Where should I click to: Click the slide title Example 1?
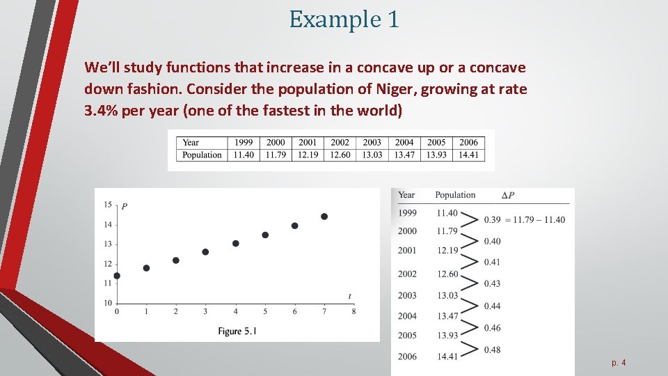(344, 19)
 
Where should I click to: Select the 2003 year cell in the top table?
(372, 143)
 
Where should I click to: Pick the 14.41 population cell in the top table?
(468, 155)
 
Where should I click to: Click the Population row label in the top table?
(202, 155)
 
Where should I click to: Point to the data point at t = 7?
(324, 217)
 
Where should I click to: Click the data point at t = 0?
(117, 276)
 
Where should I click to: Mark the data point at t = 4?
(236, 243)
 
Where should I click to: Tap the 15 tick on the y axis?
(108, 205)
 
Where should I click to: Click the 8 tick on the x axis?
(353, 311)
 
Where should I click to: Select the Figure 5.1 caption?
(237, 331)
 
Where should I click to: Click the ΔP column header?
(508, 196)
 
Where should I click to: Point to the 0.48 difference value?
(492, 350)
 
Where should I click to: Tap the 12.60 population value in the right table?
(447, 274)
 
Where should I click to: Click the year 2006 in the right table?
(407, 357)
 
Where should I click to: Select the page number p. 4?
(619, 363)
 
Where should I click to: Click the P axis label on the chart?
(124, 206)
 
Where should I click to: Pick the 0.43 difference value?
(492, 283)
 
